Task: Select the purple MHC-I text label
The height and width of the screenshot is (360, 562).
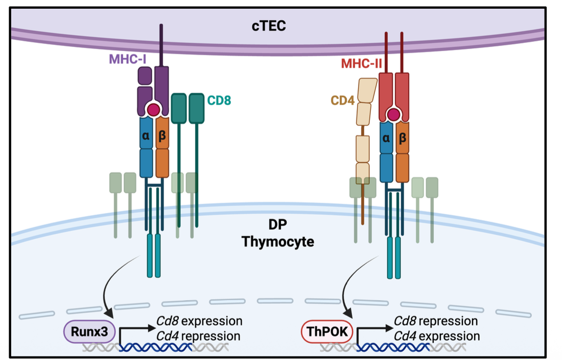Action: (x=128, y=59)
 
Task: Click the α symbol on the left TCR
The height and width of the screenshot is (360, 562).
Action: (x=146, y=136)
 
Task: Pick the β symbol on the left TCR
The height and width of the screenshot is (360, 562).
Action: (x=162, y=136)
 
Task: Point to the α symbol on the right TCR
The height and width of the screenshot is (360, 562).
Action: (x=386, y=139)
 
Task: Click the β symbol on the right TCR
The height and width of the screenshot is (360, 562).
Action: (x=402, y=139)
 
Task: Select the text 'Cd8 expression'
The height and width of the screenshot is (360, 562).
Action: (x=199, y=321)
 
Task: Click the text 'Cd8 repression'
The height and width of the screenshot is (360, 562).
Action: (x=436, y=321)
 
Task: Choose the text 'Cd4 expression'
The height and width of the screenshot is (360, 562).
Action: (x=437, y=336)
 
